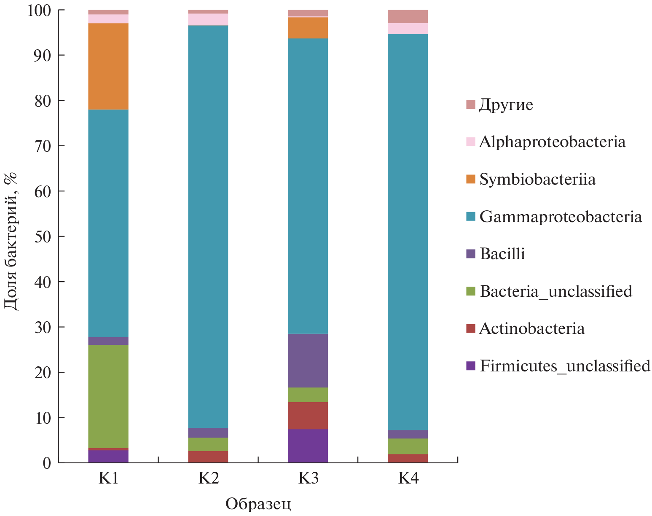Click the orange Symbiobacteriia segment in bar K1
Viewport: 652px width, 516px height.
[108, 66]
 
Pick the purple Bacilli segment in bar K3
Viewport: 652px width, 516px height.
[308, 360]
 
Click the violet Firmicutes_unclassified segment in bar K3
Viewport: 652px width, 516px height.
[308, 446]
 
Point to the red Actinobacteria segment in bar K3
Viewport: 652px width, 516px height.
[308, 416]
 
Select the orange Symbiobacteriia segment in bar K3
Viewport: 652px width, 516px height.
[308, 28]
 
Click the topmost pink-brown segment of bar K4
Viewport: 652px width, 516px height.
[408, 16]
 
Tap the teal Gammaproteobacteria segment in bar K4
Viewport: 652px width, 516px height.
[408, 232]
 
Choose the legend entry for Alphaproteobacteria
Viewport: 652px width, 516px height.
[552, 142]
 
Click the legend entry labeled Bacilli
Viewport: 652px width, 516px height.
[502, 254]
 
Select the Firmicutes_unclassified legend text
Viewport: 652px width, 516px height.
[565, 366]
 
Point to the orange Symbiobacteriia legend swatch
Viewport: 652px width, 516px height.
[471, 179]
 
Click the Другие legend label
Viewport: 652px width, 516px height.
[506, 105]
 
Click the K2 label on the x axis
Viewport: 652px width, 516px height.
[208, 478]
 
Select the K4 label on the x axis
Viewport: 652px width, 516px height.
[408, 478]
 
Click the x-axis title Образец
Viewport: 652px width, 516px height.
[258, 504]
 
